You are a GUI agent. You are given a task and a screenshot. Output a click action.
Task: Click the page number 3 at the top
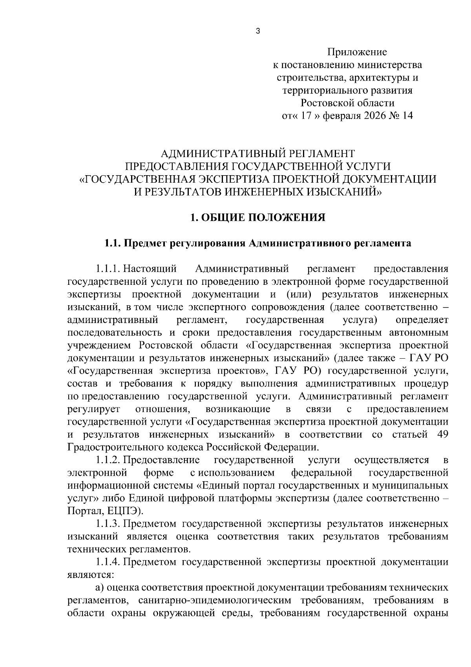pyautogui.click(x=258, y=31)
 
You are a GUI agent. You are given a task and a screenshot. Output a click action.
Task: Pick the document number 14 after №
pyautogui.click(x=407, y=116)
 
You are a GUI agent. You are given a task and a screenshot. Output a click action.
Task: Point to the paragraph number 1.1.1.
pyautogui.click(x=107, y=269)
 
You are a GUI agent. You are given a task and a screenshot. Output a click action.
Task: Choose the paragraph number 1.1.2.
pyautogui.click(x=107, y=460)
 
